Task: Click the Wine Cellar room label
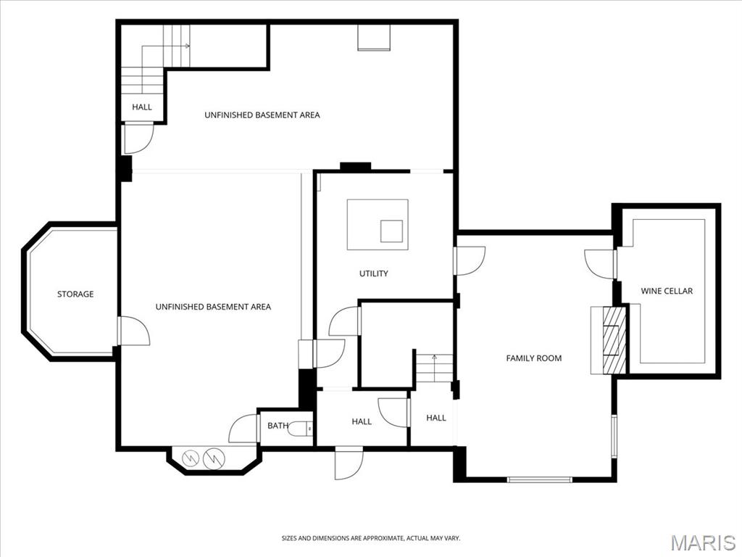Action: pyautogui.click(x=667, y=291)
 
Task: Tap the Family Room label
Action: pyautogui.click(x=533, y=358)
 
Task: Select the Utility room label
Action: pyautogui.click(x=374, y=273)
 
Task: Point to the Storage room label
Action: pyautogui.click(x=75, y=294)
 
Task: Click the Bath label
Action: pyautogui.click(x=278, y=426)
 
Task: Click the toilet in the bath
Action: pyautogui.click(x=300, y=430)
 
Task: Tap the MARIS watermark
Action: pyautogui.click(x=702, y=542)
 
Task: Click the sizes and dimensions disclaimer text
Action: pyautogui.click(x=370, y=538)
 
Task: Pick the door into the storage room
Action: pyautogui.click(x=133, y=331)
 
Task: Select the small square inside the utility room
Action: pyautogui.click(x=392, y=231)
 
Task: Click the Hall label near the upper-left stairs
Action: pyautogui.click(x=142, y=107)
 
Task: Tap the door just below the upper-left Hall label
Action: pyautogui.click(x=138, y=138)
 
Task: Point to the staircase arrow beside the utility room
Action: pyautogui.click(x=434, y=357)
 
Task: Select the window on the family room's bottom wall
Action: pyautogui.click(x=539, y=479)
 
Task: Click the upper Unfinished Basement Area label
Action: pyautogui.click(x=262, y=115)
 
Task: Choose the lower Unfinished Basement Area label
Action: pyautogui.click(x=213, y=307)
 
